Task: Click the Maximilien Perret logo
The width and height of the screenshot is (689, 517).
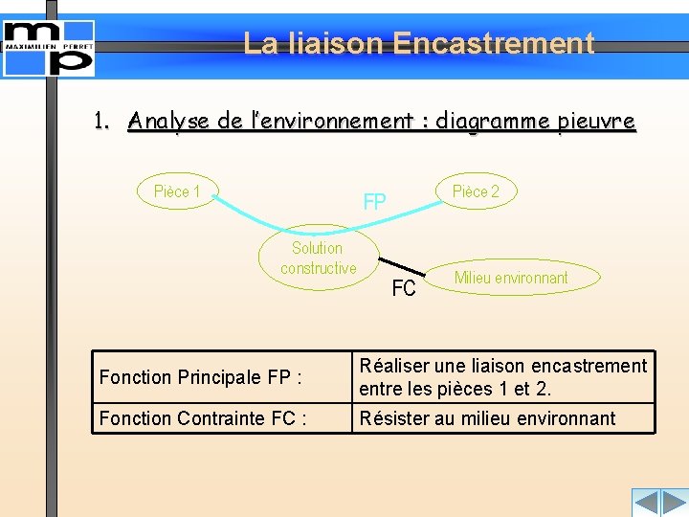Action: click(49, 47)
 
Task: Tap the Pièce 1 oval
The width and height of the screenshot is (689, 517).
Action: click(178, 191)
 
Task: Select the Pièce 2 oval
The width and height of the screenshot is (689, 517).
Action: click(475, 191)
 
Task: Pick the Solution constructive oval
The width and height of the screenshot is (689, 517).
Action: click(318, 258)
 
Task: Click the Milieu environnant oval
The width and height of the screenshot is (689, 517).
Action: click(511, 278)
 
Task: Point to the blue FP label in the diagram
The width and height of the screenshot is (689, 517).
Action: click(374, 202)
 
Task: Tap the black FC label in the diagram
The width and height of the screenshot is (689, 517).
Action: click(404, 287)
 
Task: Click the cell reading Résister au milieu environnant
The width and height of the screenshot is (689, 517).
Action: click(502, 418)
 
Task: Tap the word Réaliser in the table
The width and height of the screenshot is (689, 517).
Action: click(393, 366)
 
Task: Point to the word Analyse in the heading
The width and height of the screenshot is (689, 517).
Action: click(169, 122)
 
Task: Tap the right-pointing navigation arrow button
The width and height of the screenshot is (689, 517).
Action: click(674, 503)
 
